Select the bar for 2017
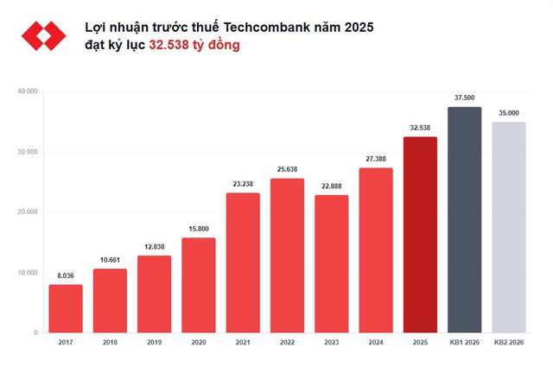pyautogui.click(x=66, y=308)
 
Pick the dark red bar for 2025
pyautogui.click(x=420, y=235)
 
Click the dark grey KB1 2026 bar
pyautogui.click(x=464, y=220)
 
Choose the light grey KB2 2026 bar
pyautogui.click(x=508, y=228)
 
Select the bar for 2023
pyautogui.click(x=331, y=263)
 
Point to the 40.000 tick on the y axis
pyautogui.click(x=27, y=91)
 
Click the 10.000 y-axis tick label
pyautogui.click(x=27, y=273)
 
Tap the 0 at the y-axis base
pyautogui.click(x=35, y=333)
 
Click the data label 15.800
pyautogui.click(x=199, y=230)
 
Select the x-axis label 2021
pyautogui.click(x=243, y=343)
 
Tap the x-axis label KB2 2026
pyautogui.click(x=508, y=343)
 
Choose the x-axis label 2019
pyautogui.click(x=154, y=343)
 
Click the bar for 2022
pyautogui.click(x=287, y=256)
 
